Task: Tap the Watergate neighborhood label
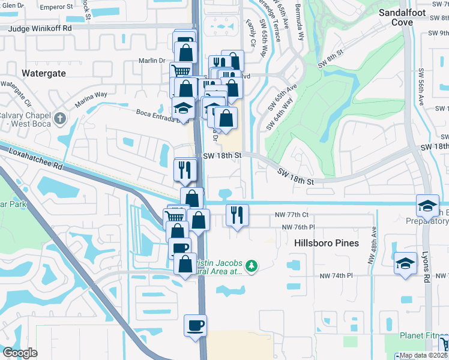point(43,73)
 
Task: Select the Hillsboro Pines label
point(327,243)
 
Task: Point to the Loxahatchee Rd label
point(35,158)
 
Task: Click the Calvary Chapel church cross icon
point(59,118)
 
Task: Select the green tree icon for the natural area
point(252,265)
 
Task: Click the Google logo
point(20,353)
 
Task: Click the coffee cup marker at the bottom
point(195,326)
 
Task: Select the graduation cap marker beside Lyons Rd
point(427,206)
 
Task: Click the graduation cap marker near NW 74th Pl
point(405,263)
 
